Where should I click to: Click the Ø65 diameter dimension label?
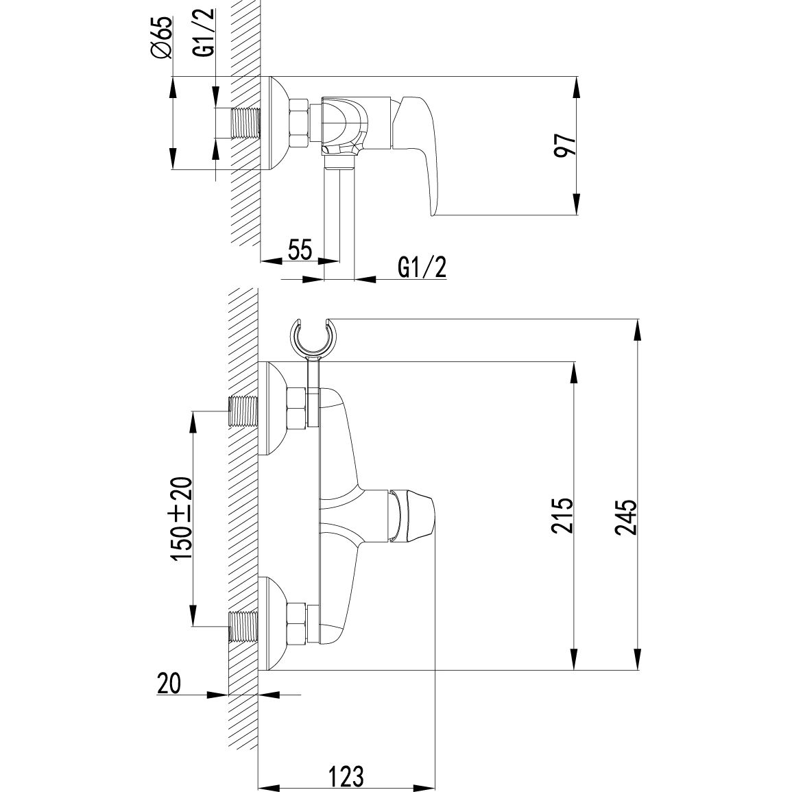point(163,40)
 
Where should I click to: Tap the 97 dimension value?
point(564,145)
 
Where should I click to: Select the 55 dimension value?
point(300,250)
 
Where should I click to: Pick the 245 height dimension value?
point(626,516)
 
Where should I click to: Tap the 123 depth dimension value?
point(345,776)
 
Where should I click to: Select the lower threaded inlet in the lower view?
point(243,626)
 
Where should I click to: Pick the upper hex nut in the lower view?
point(298,411)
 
